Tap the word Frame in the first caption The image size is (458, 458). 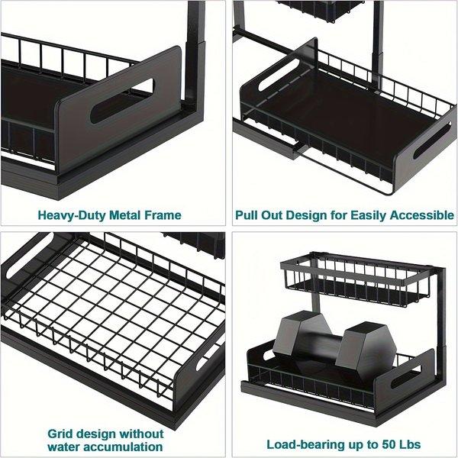pos(184,214)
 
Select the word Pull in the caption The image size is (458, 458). pos(250,214)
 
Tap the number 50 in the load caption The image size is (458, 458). pos(380,443)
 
